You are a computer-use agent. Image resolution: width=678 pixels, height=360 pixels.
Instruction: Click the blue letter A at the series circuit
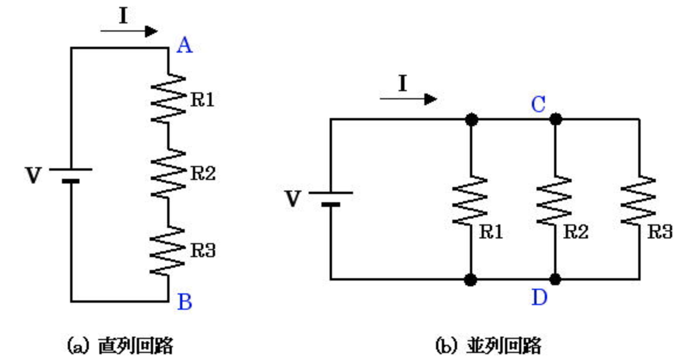pos(185,45)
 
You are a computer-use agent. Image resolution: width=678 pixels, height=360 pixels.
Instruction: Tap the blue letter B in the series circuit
pos(184,302)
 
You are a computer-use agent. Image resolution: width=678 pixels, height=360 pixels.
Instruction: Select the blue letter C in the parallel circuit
pos(538,105)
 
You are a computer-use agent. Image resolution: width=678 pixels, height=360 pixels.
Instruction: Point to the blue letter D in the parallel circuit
pos(538,298)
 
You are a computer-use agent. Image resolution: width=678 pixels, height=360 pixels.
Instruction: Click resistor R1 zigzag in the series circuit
pos(168,98)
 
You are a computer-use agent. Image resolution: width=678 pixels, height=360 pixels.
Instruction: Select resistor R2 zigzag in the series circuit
pos(168,173)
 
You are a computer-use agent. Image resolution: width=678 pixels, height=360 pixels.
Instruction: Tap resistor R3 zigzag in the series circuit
pos(168,251)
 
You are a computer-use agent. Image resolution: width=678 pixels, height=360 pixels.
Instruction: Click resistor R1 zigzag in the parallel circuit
pos(470,200)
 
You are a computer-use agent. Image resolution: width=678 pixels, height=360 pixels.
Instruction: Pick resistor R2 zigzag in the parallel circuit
pos(555,200)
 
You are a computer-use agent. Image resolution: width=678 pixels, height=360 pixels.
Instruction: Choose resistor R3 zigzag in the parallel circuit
pos(639,200)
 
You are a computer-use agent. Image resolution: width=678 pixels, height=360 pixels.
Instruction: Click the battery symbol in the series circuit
pos(71,175)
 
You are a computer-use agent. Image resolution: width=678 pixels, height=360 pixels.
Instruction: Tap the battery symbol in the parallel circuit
pos(330,198)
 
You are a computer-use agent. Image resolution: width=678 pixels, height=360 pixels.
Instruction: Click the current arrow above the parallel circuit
pos(408,98)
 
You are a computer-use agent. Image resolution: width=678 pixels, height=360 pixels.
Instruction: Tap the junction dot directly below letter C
pos(555,119)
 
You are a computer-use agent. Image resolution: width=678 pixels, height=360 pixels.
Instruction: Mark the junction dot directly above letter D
pos(555,279)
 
